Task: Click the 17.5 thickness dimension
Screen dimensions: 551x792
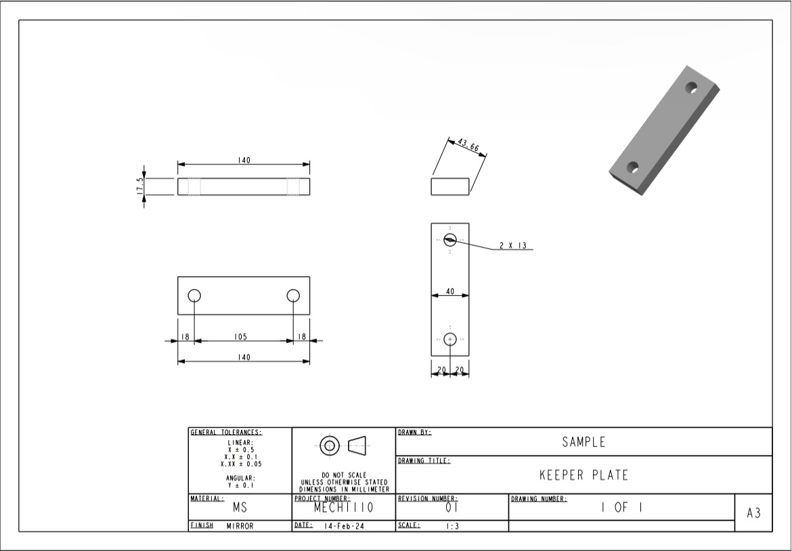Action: click(x=138, y=187)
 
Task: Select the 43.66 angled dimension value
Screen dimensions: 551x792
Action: click(x=468, y=148)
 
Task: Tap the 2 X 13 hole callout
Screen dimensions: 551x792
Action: click(x=513, y=246)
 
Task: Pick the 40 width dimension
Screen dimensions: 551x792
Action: click(x=449, y=292)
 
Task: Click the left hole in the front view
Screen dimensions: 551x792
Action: click(x=195, y=296)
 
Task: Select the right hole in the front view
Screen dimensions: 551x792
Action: click(x=293, y=296)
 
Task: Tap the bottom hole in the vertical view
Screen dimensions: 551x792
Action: click(x=450, y=339)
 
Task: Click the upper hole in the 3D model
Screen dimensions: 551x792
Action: click(x=691, y=87)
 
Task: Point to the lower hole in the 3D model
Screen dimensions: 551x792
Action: click(x=633, y=167)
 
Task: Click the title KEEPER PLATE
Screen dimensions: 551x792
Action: click(x=584, y=475)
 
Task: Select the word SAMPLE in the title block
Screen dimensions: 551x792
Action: click(x=584, y=443)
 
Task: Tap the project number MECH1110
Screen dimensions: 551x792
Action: click(x=343, y=507)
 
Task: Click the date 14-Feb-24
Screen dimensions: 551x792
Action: click(x=344, y=526)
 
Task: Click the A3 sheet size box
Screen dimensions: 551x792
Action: click(x=753, y=513)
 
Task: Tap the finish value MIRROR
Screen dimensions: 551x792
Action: click(x=240, y=526)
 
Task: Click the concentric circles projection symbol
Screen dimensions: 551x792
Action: click(x=330, y=445)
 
